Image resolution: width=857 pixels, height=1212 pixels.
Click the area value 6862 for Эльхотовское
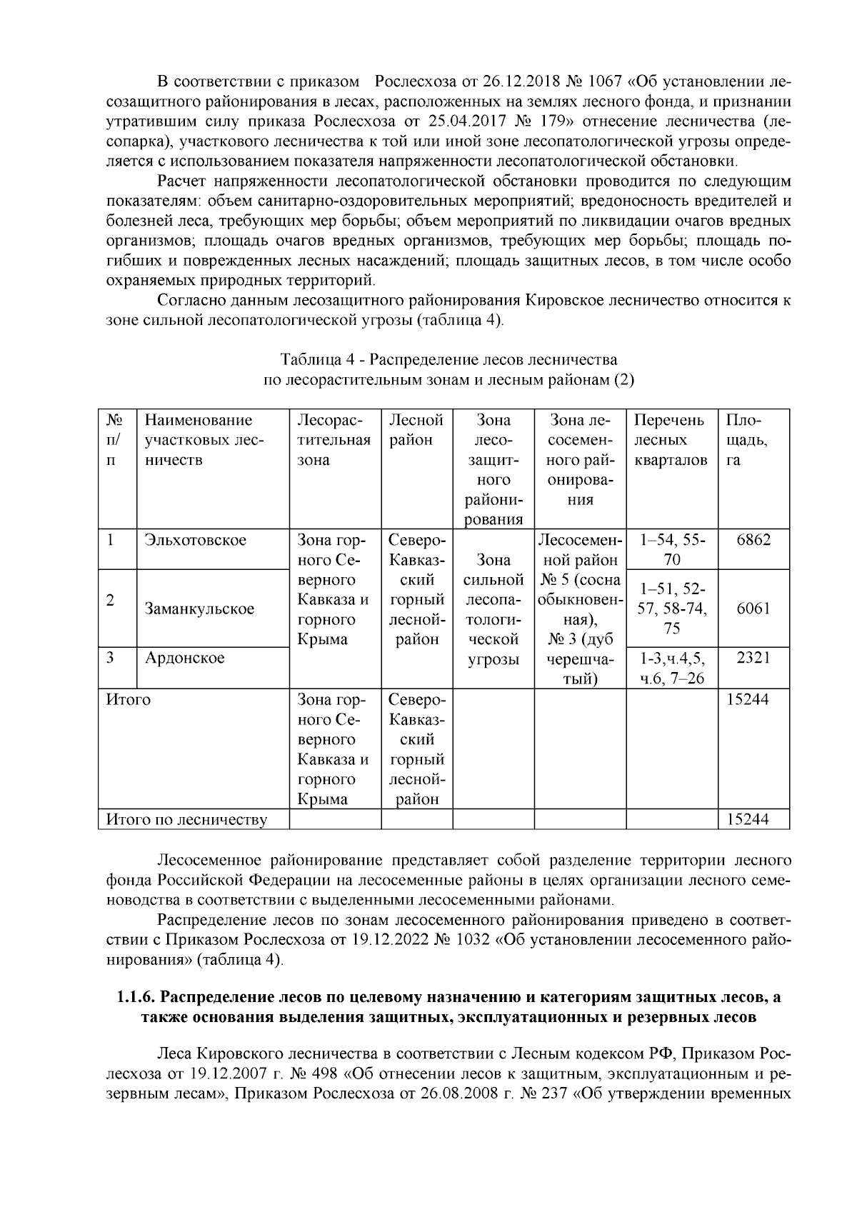753,540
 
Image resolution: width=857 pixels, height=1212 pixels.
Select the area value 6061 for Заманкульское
753,609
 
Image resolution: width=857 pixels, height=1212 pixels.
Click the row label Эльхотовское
195,540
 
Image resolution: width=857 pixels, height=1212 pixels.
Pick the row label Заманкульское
199,609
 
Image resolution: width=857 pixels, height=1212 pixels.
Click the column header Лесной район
416,430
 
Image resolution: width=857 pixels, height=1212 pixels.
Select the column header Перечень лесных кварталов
670,440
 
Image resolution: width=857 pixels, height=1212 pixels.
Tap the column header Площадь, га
746,440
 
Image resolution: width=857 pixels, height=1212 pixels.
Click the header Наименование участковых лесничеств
204,440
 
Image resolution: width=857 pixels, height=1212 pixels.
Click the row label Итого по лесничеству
186,819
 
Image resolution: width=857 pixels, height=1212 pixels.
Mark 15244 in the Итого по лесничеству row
748,819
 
